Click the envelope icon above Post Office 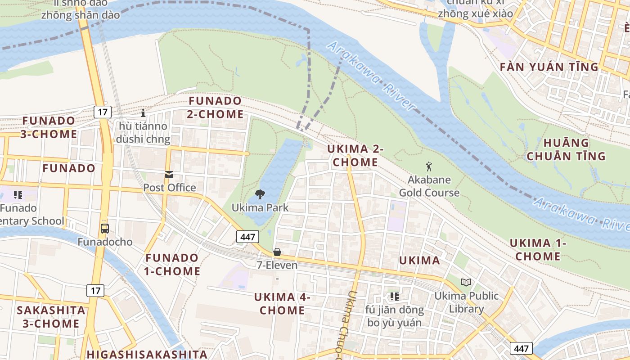coord(169,175)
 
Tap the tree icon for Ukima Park coord(260,194)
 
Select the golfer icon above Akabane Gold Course coord(429,166)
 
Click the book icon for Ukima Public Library coord(466,282)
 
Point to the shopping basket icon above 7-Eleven coord(277,252)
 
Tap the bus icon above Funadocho coord(105,229)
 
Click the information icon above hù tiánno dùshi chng coord(143,112)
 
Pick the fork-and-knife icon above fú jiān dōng coord(395,296)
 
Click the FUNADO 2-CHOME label coord(216,107)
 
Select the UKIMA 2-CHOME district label coord(355,155)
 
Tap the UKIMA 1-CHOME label coord(538,250)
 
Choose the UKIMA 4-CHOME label coord(282,303)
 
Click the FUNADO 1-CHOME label coord(172,264)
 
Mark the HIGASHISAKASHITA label coord(147,354)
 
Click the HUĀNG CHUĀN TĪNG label coord(566,149)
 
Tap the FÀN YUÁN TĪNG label coord(549,67)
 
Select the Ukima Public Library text coord(466,302)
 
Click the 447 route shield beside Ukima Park coord(247,237)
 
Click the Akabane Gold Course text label coord(429,186)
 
